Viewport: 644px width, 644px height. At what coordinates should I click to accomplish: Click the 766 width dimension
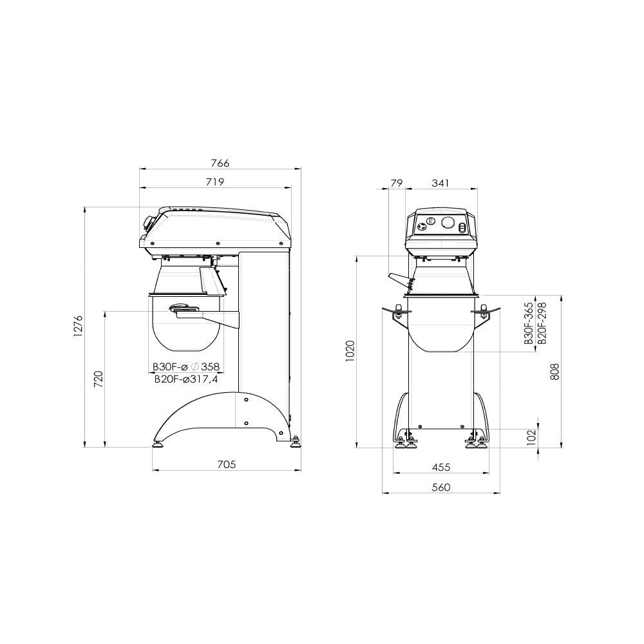point(220,163)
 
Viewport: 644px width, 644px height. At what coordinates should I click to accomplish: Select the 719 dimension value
point(215,182)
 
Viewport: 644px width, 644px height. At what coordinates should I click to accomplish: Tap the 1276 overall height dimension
point(79,327)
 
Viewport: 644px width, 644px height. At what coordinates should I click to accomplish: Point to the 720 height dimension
point(99,379)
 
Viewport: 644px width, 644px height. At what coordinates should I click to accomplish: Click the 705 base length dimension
point(226,464)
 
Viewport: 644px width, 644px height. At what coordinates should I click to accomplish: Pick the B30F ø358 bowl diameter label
point(186,367)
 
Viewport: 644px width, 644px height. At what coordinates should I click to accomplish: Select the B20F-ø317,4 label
point(186,379)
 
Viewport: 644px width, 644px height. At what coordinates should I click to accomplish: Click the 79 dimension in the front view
point(396,183)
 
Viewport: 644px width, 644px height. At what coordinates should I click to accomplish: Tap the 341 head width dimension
point(440,183)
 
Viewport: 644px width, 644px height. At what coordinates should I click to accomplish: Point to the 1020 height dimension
point(350,351)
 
